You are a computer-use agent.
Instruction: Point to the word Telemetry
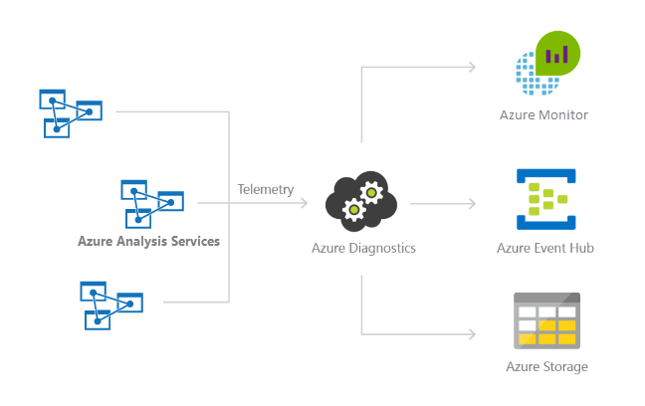coord(266,189)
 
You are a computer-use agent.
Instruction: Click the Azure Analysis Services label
coord(148,241)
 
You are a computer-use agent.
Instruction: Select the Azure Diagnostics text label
coord(363,247)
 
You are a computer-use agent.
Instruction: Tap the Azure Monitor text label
coord(543,115)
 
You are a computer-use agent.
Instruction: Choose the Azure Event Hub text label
coord(544,247)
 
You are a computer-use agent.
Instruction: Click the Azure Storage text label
coord(545,367)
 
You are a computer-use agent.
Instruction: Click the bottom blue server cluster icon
coord(110,304)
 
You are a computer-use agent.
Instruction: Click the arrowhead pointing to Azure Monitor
coord(473,68)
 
